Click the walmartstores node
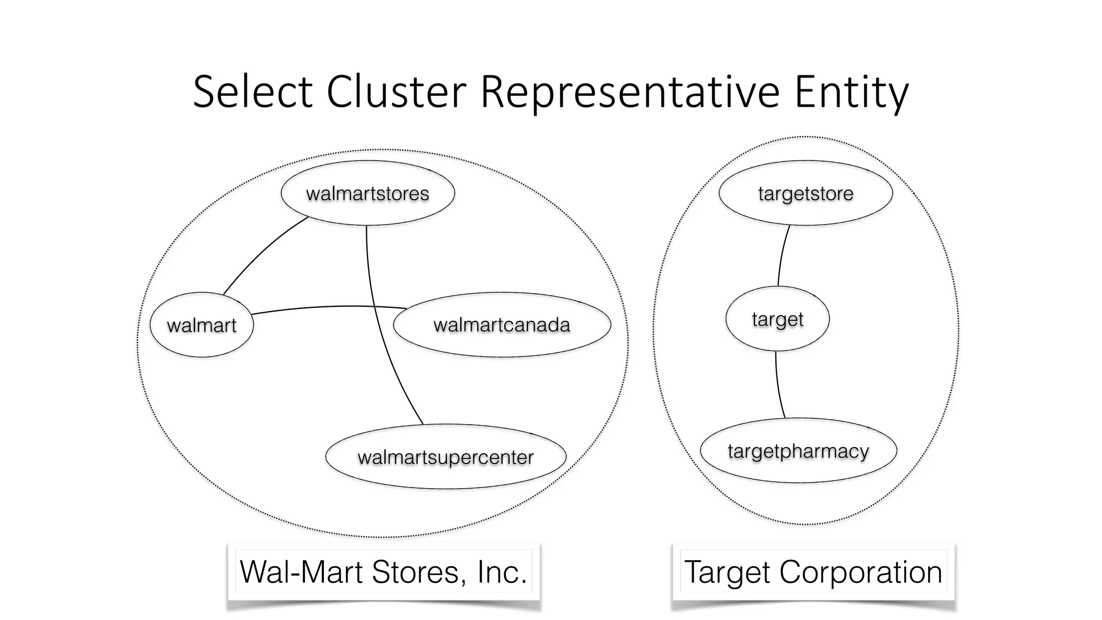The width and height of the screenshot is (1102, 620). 368,193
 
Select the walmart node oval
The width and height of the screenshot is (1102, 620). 202,325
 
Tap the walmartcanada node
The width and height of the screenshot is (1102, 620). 501,325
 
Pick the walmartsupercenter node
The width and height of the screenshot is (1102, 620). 446,457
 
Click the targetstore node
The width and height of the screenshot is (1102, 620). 806,193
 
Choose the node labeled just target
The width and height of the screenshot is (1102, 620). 778,319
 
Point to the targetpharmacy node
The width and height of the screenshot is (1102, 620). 798,450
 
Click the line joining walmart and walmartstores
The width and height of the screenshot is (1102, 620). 260,251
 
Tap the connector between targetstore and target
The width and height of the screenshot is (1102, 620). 782,256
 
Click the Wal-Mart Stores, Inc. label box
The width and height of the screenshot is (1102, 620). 383,572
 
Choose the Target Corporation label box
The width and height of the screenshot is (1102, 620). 813,572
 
